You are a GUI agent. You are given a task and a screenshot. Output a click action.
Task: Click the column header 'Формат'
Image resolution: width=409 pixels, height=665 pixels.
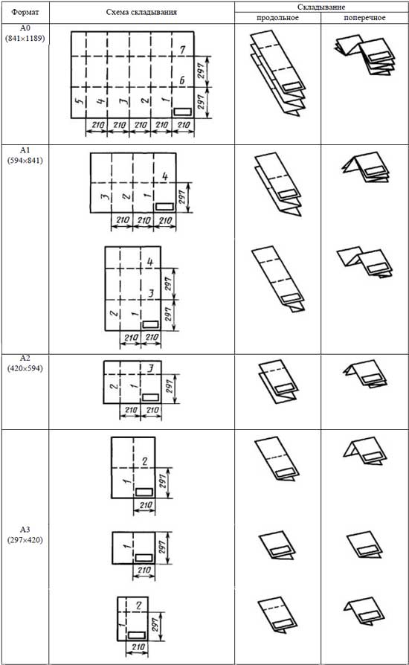25,12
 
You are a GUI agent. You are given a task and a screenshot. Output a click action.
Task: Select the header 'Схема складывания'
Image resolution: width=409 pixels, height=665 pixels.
141,12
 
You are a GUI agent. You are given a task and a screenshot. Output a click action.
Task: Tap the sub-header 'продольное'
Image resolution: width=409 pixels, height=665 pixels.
277,18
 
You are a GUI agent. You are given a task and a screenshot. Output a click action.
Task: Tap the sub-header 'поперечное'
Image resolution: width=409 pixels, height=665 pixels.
364,18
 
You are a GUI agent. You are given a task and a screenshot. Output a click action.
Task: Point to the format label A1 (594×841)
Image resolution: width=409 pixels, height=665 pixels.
25,155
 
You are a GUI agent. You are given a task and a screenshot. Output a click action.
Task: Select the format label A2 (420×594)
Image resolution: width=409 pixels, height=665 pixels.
25,364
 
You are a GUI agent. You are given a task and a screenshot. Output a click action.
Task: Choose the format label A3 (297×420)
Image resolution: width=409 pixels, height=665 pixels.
25,535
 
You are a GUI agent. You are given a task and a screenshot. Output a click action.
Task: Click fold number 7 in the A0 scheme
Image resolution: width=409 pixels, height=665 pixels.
182,50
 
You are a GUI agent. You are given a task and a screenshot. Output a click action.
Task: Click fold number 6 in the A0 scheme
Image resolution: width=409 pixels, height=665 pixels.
182,80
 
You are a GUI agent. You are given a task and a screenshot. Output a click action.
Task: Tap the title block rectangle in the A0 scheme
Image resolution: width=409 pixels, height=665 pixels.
183,112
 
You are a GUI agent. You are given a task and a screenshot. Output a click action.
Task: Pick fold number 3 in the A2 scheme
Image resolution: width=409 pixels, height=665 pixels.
150,367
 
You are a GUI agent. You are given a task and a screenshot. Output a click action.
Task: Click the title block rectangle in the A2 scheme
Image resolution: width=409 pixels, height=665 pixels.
150,397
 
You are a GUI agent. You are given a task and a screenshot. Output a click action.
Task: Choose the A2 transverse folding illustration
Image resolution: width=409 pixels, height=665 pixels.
364,376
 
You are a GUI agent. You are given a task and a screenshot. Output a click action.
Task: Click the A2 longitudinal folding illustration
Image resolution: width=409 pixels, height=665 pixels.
278,382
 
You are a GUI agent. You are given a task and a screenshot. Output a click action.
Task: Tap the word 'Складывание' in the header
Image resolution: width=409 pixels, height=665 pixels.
321,7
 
